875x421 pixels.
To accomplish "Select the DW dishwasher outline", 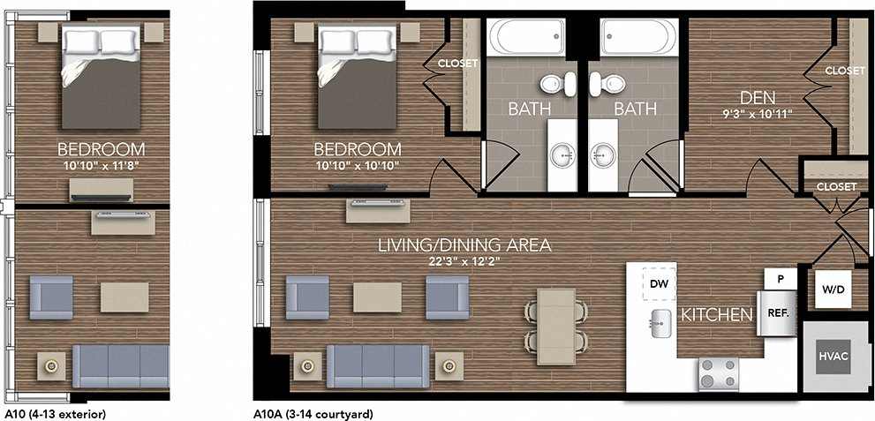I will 658,284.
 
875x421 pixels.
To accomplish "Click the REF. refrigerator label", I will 778,313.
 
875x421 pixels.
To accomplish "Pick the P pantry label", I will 781,277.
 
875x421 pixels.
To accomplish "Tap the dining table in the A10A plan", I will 554,324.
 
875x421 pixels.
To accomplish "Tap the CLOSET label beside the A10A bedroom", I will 457,64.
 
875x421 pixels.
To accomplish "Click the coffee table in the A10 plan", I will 124,297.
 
